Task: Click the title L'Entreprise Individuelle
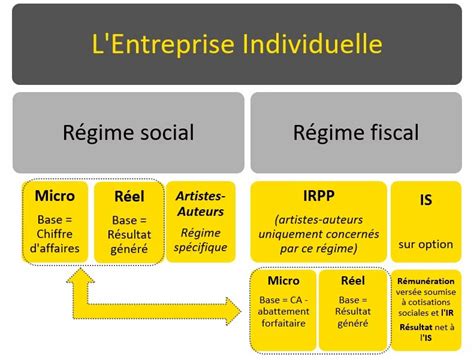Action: (x=236, y=44)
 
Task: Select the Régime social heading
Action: (x=128, y=132)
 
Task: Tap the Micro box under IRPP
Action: (x=284, y=310)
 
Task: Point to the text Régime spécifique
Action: (x=201, y=240)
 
